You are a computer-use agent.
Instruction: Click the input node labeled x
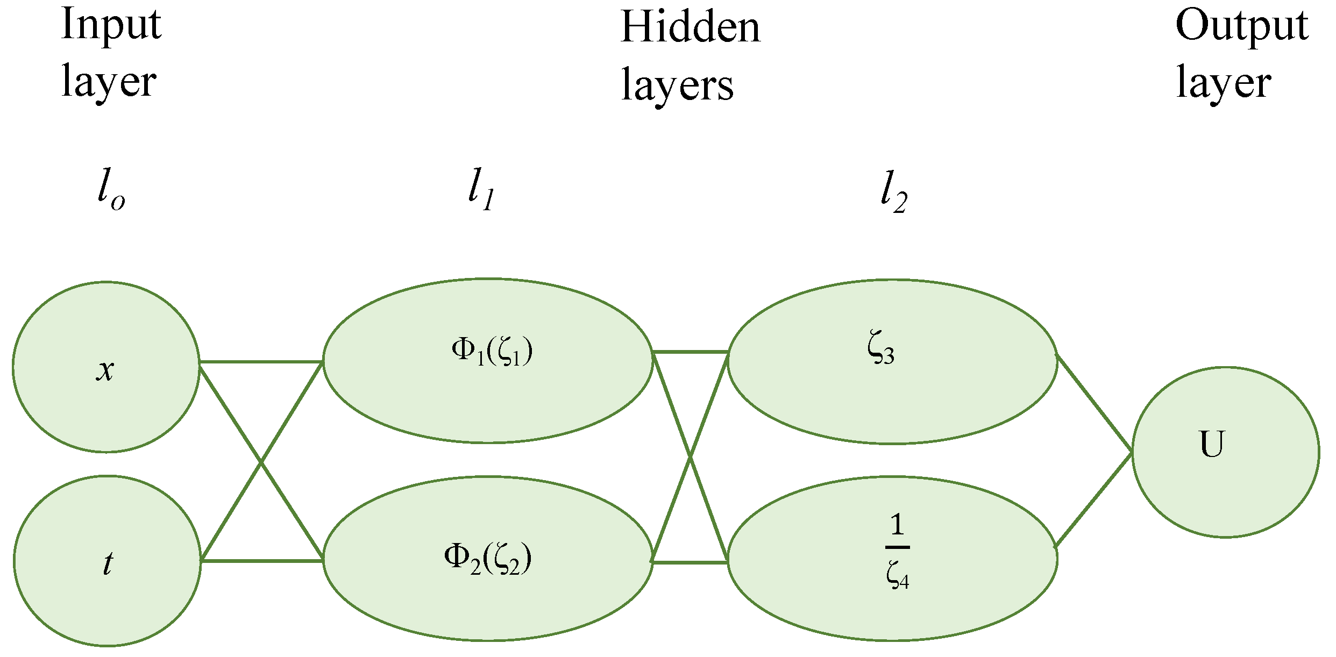click(106, 367)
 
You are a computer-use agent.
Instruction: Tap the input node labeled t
click(107, 561)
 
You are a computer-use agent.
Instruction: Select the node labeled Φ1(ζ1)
click(488, 360)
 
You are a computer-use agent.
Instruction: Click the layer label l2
click(894, 192)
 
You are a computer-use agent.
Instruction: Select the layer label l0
click(111, 189)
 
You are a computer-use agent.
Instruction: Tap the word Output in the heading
click(1241, 26)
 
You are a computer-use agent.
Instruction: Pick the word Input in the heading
click(111, 25)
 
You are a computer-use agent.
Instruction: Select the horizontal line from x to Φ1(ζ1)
click(261, 362)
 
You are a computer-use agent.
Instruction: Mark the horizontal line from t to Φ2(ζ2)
click(261, 561)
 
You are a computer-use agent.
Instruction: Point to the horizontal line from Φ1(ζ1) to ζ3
click(690, 352)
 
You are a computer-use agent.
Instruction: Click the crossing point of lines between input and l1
click(261, 461)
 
